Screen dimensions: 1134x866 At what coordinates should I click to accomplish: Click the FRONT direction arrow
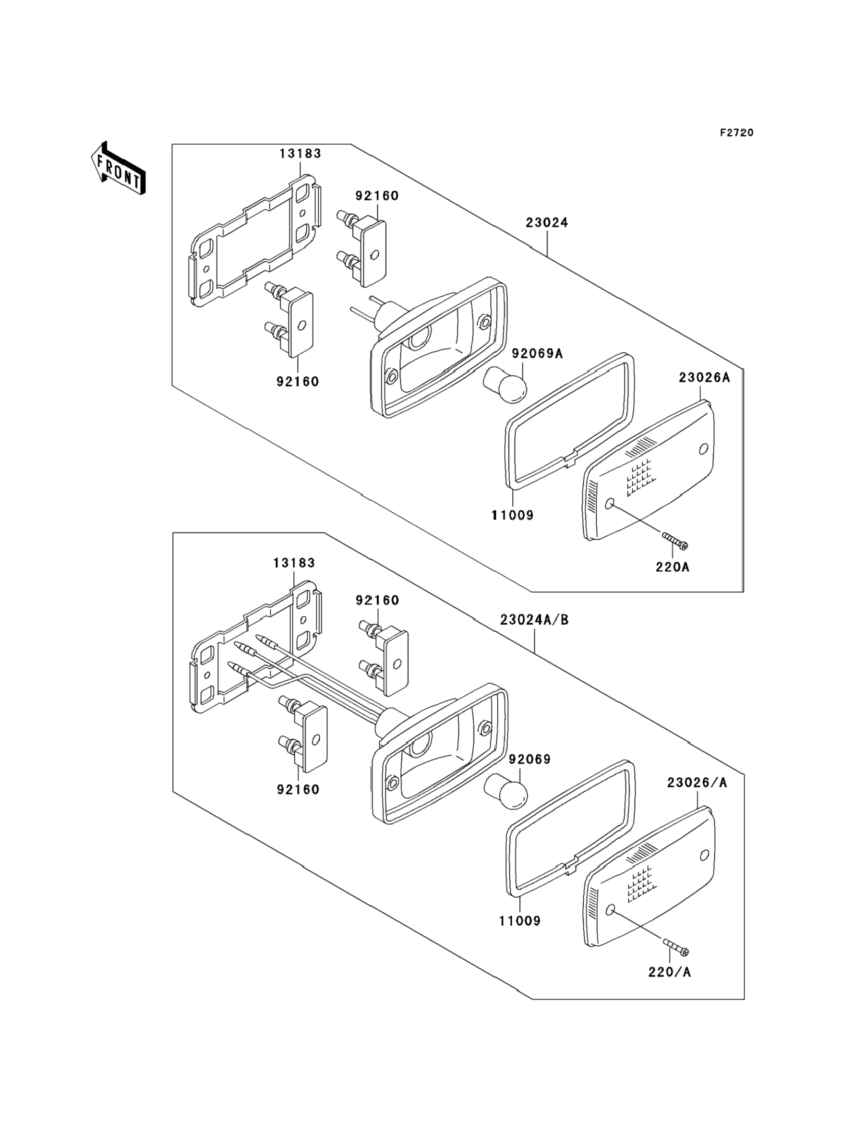118,169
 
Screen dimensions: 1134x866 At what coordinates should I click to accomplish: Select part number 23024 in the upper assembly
547,223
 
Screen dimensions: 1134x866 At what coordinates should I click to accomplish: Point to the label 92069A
537,354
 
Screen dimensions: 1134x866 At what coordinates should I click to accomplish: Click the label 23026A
704,377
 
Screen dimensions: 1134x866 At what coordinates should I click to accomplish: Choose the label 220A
672,567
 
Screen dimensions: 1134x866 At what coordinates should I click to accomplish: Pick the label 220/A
670,972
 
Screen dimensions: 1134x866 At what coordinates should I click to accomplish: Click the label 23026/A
697,783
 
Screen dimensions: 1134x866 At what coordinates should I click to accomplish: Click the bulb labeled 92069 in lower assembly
506,794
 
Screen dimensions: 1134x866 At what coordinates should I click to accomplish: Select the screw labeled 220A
675,541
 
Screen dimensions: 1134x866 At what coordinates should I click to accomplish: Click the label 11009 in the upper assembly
512,515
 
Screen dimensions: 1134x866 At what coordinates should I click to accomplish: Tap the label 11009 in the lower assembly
519,921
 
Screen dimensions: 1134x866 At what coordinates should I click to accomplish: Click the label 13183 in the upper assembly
301,154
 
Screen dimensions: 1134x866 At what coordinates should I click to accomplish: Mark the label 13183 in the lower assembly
294,563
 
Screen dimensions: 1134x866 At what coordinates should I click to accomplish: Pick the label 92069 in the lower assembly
529,759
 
